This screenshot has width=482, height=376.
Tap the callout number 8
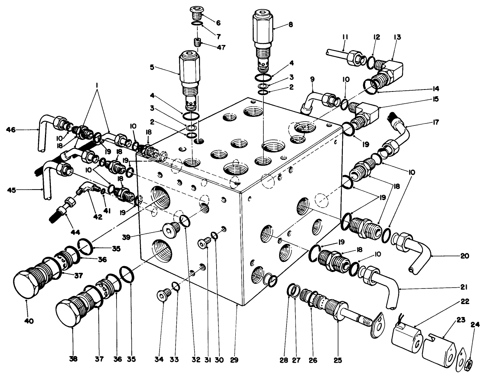pyautogui.click(x=290, y=24)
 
